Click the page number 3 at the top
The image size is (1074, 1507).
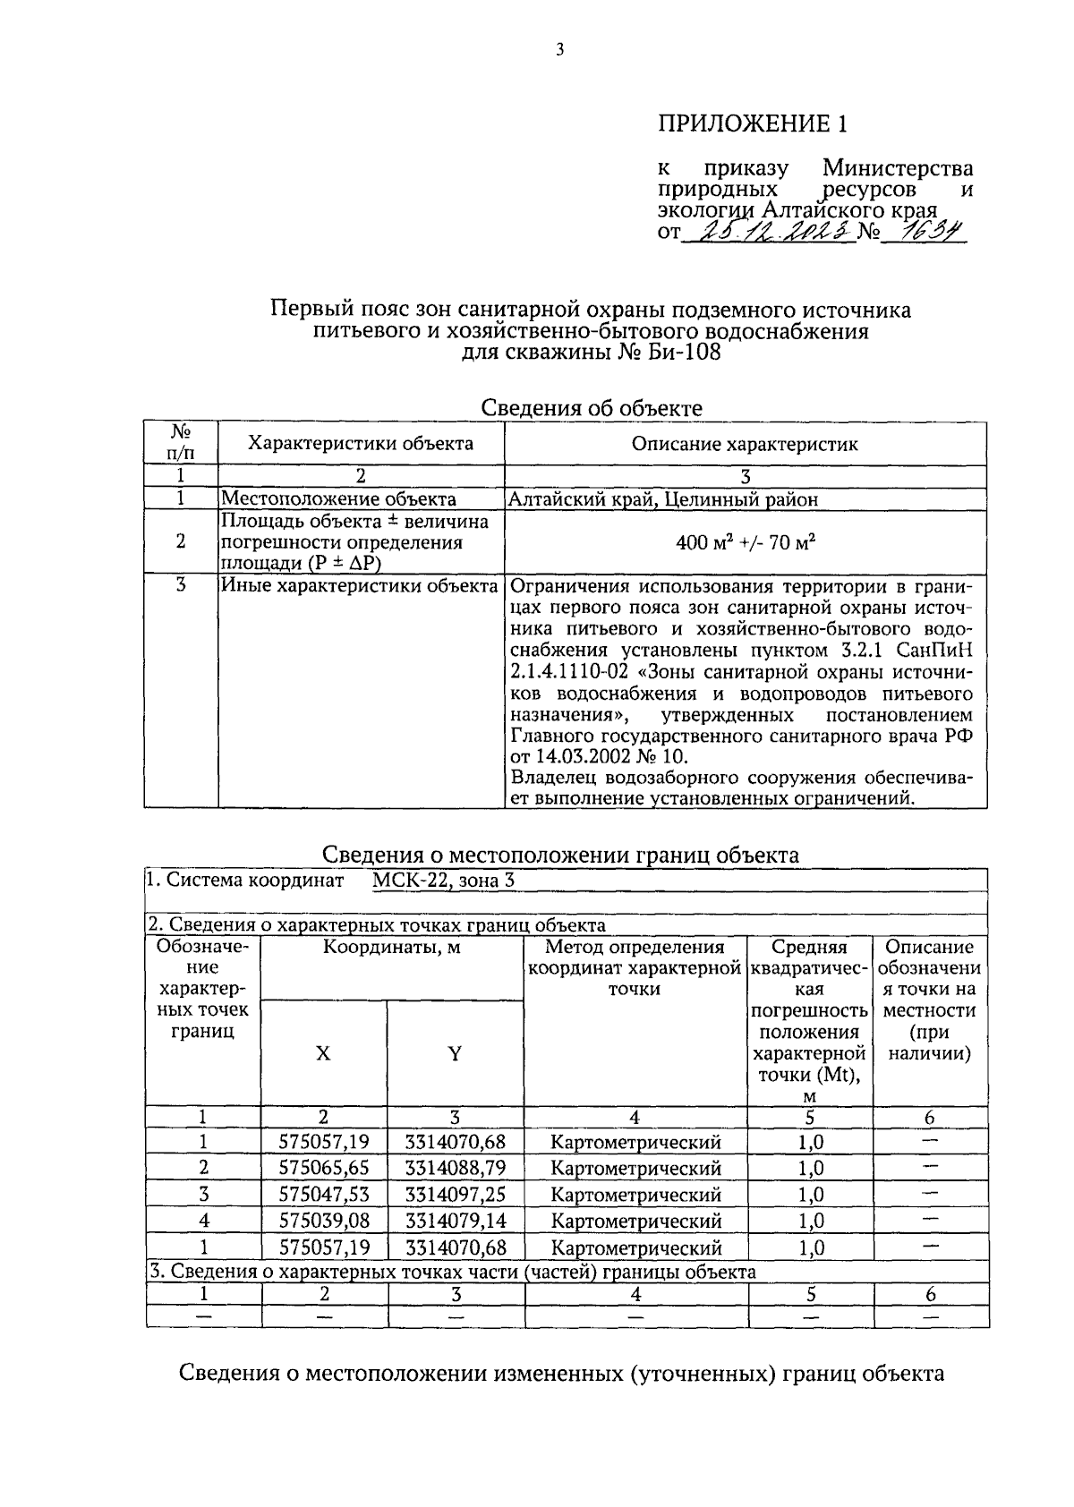point(559,51)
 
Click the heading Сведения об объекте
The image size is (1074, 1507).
point(592,408)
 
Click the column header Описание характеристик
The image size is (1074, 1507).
point(745,444)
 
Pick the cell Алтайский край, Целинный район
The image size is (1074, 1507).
point(663,499)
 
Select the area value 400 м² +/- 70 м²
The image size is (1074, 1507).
point(745,542)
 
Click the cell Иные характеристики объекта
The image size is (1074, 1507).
point(359,586)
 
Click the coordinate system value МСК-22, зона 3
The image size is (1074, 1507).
point(443,880)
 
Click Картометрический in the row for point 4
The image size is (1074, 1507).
point(635,1221)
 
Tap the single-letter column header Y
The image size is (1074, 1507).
point(455,1054)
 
